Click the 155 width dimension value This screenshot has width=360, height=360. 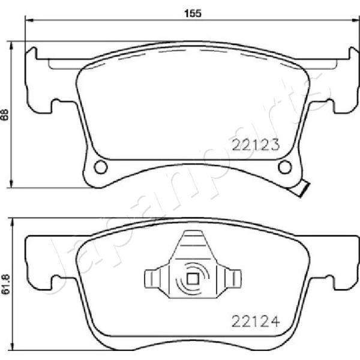(x=193, y=14)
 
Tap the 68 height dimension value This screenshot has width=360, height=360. (x=5, y=115)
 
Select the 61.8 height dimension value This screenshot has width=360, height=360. (x=6, y=284)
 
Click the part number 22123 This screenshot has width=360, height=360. (x=256, y=145)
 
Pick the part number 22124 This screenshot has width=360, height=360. (x=256, y=322)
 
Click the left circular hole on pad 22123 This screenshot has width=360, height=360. (x=101, y=167)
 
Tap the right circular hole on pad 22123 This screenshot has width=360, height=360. (x=284, y=167)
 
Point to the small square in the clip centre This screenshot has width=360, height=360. (x=193, y=279)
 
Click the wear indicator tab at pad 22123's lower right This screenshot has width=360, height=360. (x=302, y=189)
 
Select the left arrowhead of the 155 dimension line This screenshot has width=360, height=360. (x=29, y=20)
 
